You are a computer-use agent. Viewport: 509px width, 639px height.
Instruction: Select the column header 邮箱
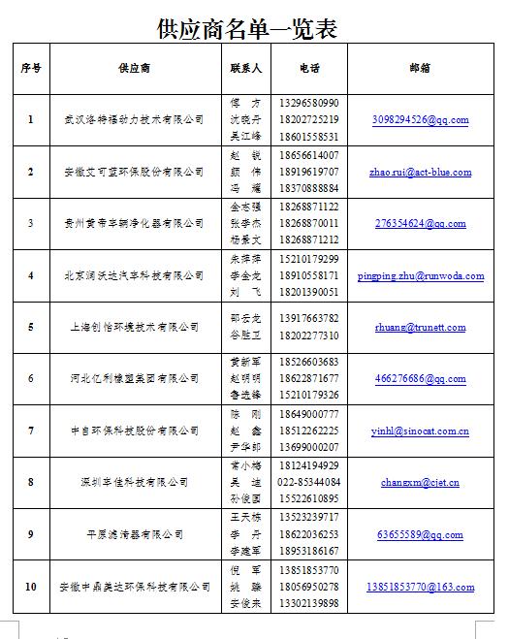[x=420, y=69]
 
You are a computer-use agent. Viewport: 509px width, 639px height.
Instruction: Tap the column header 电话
[x=309, y=69]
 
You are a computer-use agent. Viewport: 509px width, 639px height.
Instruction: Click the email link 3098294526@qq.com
[x=420, y=120]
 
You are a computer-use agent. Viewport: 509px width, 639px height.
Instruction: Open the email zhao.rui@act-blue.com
[x=420, y=172]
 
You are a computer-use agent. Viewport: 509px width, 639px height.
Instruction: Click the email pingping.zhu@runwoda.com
[x=420, y=275]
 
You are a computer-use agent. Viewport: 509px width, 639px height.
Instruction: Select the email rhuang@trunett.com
[x=420, y=328]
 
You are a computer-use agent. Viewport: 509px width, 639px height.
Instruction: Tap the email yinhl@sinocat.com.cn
[x=420, y=431]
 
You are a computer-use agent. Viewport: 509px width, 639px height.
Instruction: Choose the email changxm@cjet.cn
[x=420, y=482]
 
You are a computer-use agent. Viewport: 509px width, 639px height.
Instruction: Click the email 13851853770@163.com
[x=420, y=587]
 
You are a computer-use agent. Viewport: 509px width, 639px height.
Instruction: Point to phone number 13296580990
[x=308, y=103]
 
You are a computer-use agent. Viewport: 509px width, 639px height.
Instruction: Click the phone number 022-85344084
[x=308, y=482]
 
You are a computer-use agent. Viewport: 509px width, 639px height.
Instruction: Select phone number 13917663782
[x=308, y=318]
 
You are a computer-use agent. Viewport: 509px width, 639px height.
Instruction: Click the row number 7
[x=31, y=431]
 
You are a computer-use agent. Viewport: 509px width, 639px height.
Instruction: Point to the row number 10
[x=31, y=587]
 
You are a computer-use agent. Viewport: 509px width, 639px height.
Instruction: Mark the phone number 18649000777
[x=308, y=414]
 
